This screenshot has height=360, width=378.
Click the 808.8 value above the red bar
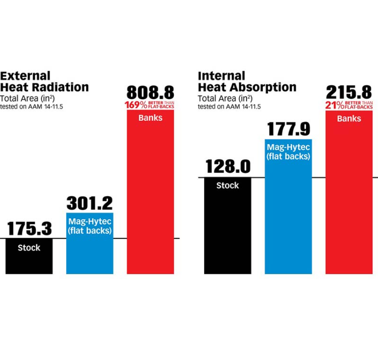[x=150, y=92]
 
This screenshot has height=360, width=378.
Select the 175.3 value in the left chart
[x=29, y=228]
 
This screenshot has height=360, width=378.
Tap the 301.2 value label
[x=89, y=203]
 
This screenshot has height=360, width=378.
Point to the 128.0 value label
[x=228, y=167]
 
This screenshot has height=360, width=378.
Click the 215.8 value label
[x=349, y=92]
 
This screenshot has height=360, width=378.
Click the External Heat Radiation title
[x=44, y=81]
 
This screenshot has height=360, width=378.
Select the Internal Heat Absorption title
[x=247, y=81]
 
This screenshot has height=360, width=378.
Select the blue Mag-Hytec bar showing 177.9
[x=288, y=214]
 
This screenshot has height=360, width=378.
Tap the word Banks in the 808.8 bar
[x=150, y=118]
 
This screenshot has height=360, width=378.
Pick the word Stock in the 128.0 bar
[x=228, y=185]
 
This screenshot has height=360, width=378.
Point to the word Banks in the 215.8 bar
[x=349, y=119]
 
